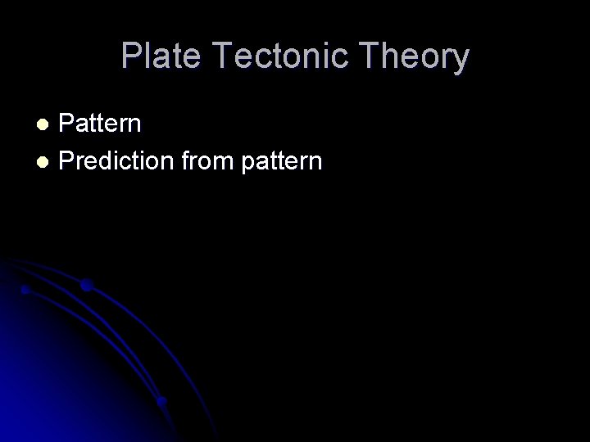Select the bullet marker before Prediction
[x=46, y=161]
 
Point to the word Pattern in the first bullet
[x=101, y=124]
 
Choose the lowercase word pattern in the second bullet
[x=281, y=161]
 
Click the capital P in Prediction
[x=66, y=161]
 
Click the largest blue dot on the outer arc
[x=86, y=285]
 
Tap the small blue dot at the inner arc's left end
[x=25, y=290]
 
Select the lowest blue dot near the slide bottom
[x=161, y=401]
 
